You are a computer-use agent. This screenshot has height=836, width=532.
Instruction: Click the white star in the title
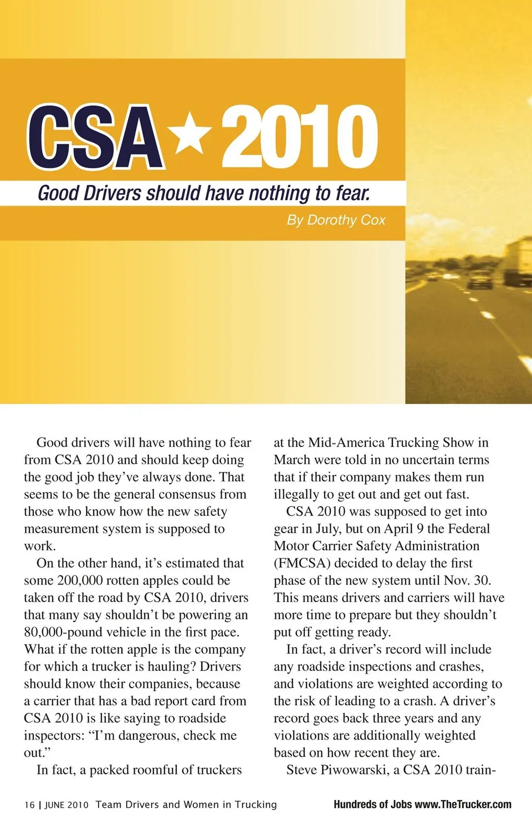pyautogui.click(x=190, y=134)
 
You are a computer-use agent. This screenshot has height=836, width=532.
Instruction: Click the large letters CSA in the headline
pyautogui.click(x=95, y=137)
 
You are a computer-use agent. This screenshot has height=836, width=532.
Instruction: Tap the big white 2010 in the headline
pyautogui.click(x=300, y=137)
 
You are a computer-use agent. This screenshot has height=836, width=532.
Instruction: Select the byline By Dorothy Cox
pyautogui.click(x=336, y=220)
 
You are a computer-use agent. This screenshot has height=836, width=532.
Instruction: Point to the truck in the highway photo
pyautogui.click(x=518, y=260)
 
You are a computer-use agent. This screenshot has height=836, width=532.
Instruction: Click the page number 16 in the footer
pyautogui.click(x=29, y=805)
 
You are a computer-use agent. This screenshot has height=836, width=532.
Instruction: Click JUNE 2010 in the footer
pyautogui.click(x=66, y=805)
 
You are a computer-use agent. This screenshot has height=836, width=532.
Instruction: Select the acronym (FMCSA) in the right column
pyautogui.click(x=302, y=563)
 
